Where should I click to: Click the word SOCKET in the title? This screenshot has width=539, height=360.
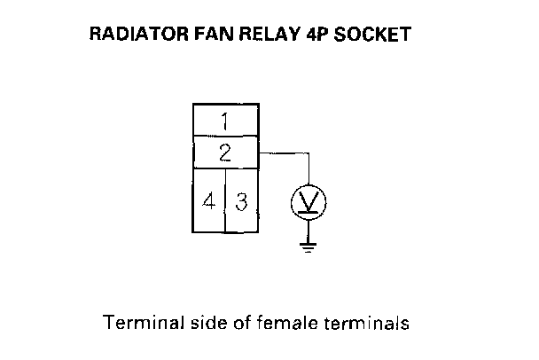click(x=372, y=36)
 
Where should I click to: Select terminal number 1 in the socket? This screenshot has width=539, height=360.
click(x=225, y=120)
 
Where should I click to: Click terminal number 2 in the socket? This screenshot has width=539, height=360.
click(x=225, y=152)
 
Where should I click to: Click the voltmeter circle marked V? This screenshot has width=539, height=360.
click(x=309, y=203)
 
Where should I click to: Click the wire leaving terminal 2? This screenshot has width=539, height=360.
click(x=284, y=152)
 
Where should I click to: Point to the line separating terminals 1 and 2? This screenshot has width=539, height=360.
click(x=225, y=136)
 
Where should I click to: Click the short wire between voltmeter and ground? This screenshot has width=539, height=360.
click(x=309, y=229)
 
